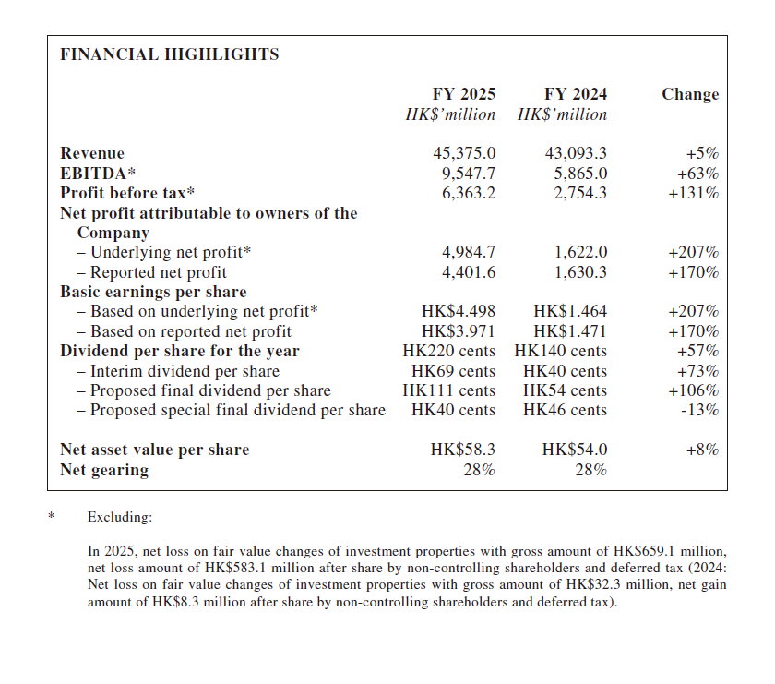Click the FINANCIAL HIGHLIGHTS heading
[169, 54]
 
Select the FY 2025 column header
[464, 94]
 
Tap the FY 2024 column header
[576, 94]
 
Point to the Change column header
[690, 94]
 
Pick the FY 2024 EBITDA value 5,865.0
[576, 174]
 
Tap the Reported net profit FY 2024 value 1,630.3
[581, 272]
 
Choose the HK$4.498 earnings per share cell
[459, 312]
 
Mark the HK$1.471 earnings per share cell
[570, 331]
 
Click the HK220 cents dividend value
[449, 351]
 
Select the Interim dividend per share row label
[178, 371]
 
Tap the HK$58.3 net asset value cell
[463, 450]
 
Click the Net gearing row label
[104, 470]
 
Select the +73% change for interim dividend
[697, 371]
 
